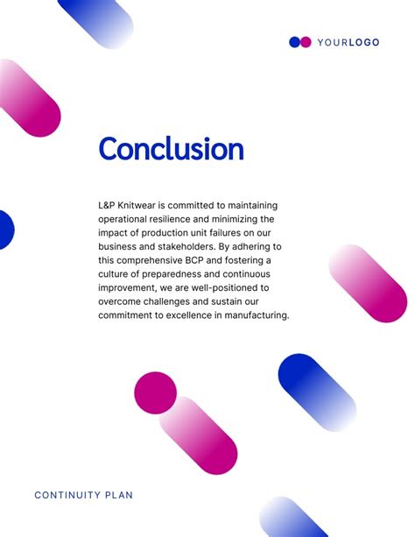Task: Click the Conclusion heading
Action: click(x=171, y=149)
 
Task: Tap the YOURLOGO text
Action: click(x=348, y=42)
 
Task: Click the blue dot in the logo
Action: click(x=295, y=42)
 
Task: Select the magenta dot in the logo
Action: click(x=306, y=42)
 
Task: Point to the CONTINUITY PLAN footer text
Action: click(x=84, y=495)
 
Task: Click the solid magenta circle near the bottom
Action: click(x=156, y=392)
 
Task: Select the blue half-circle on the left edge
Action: click(x=5, y=228)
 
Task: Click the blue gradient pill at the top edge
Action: click(x=96, y=21)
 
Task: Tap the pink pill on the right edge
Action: click(x=368, y=282)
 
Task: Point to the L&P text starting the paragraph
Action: click(x=108, y=204)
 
